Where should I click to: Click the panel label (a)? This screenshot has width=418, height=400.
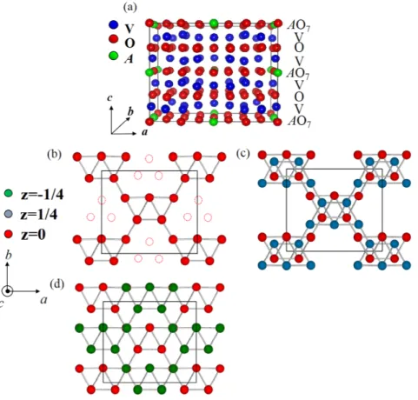point(129,7)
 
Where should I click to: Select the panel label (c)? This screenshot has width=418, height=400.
point(243,154)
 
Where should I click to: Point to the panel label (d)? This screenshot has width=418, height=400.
point(56,284)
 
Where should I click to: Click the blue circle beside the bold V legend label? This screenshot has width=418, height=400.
point(113,24)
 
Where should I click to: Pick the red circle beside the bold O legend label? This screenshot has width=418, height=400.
point(113,39)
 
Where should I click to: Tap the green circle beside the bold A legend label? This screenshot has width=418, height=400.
point(113,56)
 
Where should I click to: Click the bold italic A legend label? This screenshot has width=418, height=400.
point(129,59)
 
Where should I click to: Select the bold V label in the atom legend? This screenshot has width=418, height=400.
point(129,29)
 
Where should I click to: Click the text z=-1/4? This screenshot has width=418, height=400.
point(42,195)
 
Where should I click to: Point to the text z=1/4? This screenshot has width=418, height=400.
point(39,215)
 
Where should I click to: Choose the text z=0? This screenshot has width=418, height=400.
point(33,235)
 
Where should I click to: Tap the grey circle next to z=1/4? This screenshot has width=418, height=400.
point(9,215)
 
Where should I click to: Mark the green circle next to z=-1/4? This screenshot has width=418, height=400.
point(9,193)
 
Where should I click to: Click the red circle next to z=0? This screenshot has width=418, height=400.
point(9,234)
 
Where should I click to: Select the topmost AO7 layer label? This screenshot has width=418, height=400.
point(299,25)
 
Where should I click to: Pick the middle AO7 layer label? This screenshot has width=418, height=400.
point(298,73)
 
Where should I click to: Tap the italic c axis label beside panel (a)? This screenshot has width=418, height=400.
point(109,98)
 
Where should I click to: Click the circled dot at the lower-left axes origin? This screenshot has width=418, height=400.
point(8,290)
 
